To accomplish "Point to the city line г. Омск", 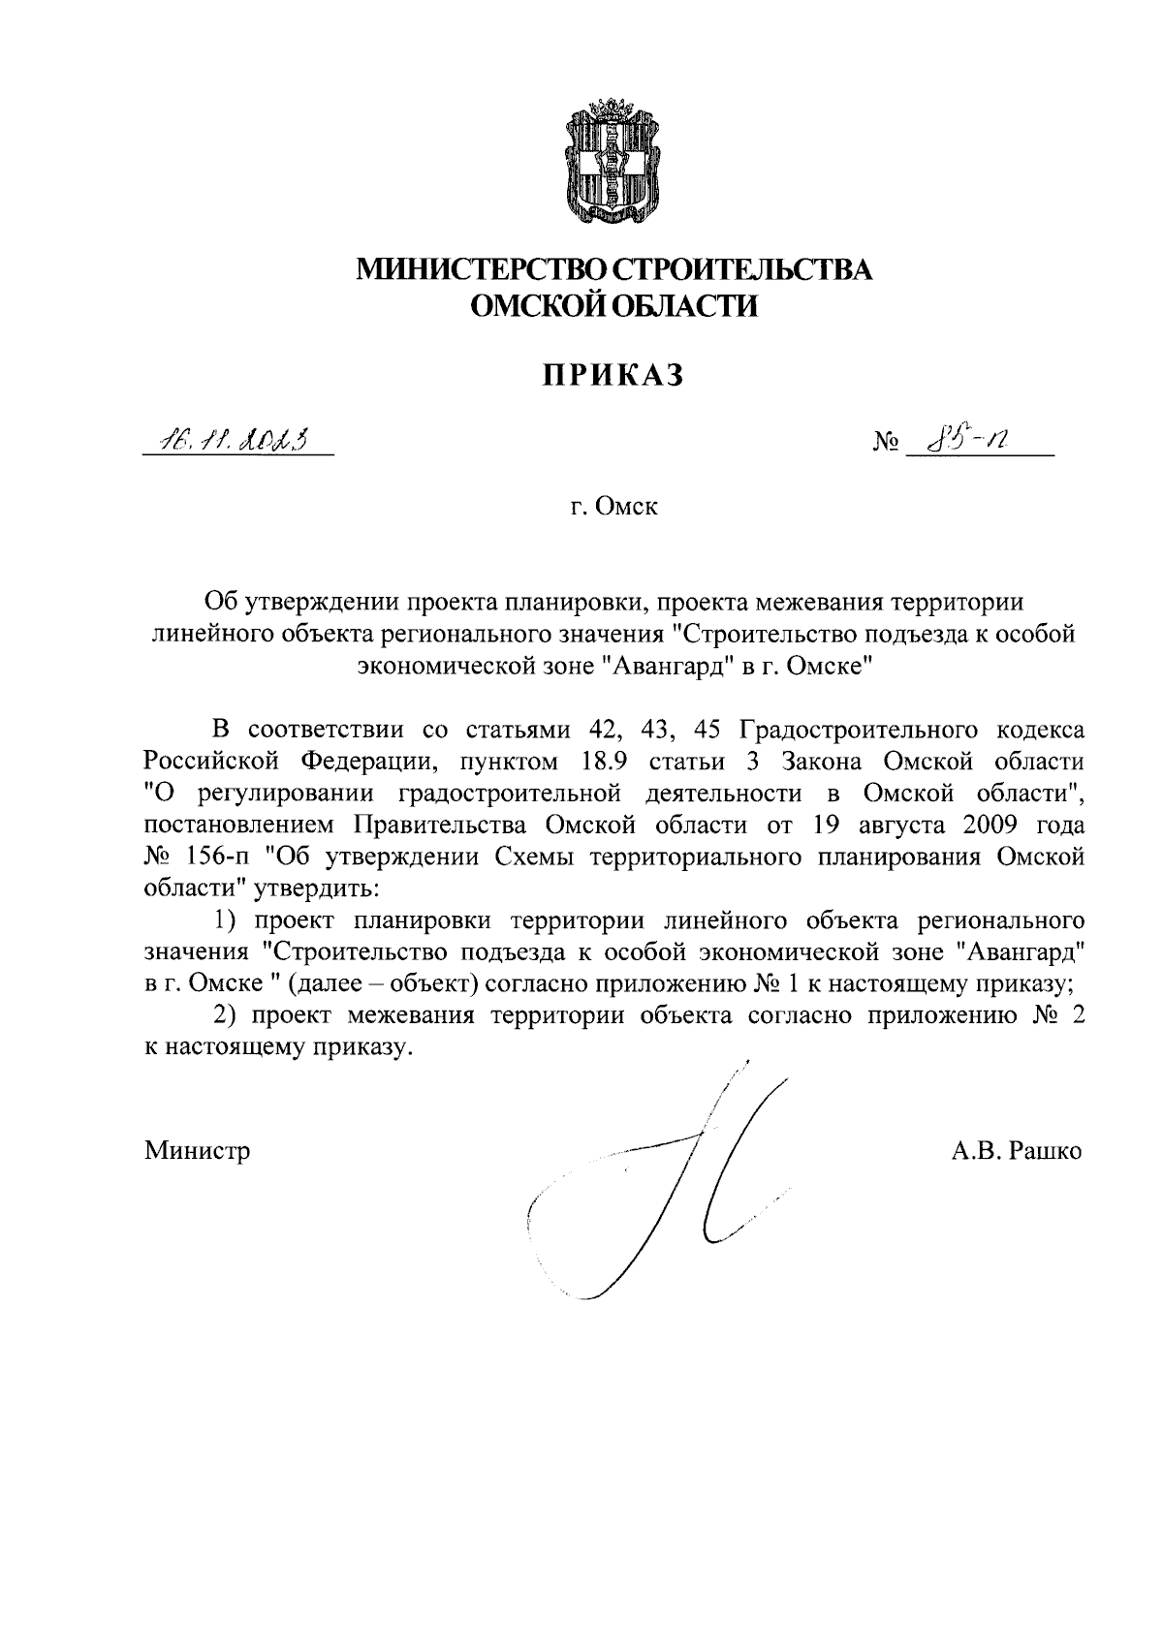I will point(613,506).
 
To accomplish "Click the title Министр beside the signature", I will point(198,1150).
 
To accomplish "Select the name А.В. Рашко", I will point(1017,1150).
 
